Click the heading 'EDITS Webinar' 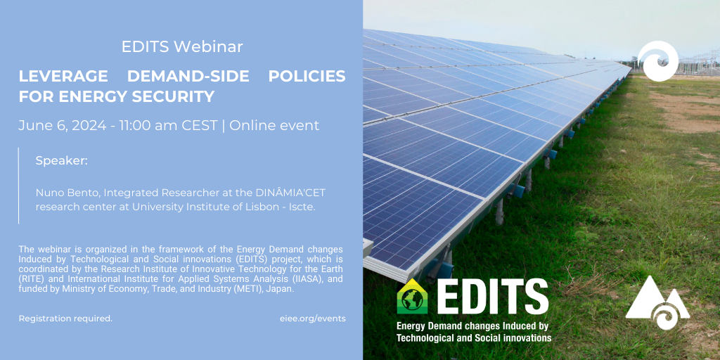(x=182, y=47)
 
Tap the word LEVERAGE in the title (x=63, y=76)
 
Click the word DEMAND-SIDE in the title (x=188, y=76)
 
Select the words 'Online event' (x=274, y=126)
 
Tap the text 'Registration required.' (x=65, y=319)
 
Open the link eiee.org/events (x=313, y=319)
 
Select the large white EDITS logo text (x=492, y=296)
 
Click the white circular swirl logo (x=658, y=61)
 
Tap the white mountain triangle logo (x=657, y=303)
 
